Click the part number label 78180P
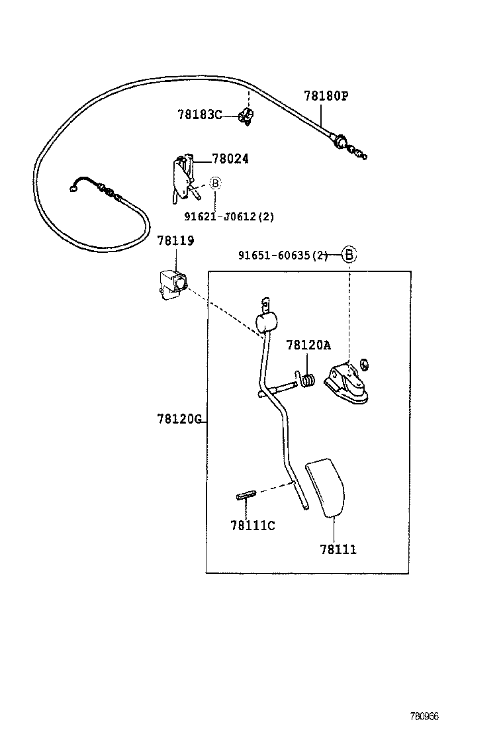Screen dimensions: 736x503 [x=326, y=96]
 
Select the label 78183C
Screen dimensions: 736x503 [x=199, y=115]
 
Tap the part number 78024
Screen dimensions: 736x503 [x=230, y=159]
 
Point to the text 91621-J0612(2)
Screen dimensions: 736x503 [x=229, y=216]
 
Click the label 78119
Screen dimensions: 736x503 [x=175, y=241]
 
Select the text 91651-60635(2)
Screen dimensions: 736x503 [x=283, y=255]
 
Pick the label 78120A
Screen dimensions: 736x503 [x=308, y=345]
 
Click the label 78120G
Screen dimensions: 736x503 [x=179, y=419]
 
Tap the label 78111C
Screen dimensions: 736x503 [x=252, y=526]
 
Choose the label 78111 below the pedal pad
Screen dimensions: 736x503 [x=338, y=549]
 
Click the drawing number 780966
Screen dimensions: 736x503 [x=424, y=716]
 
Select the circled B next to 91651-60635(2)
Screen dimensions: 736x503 [x=349, y=254]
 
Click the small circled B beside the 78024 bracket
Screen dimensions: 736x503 [x=215, y=183]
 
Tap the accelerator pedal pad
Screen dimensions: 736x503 [x=326, y=487]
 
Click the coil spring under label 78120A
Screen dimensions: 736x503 [x=308, y=379]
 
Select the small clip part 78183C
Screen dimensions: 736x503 [x=246, y=118]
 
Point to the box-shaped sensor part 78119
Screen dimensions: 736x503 [x=172, y=284]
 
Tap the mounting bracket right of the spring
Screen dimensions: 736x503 [x=347, y=385]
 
